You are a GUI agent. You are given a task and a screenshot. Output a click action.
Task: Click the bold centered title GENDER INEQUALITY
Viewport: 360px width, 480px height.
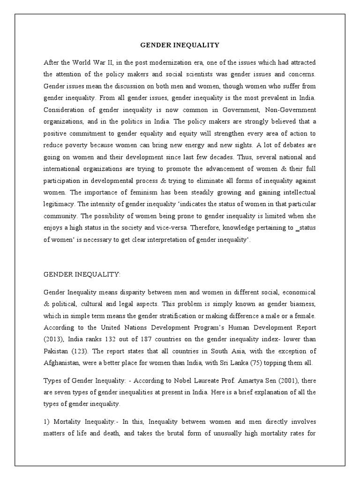click(180, 45)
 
